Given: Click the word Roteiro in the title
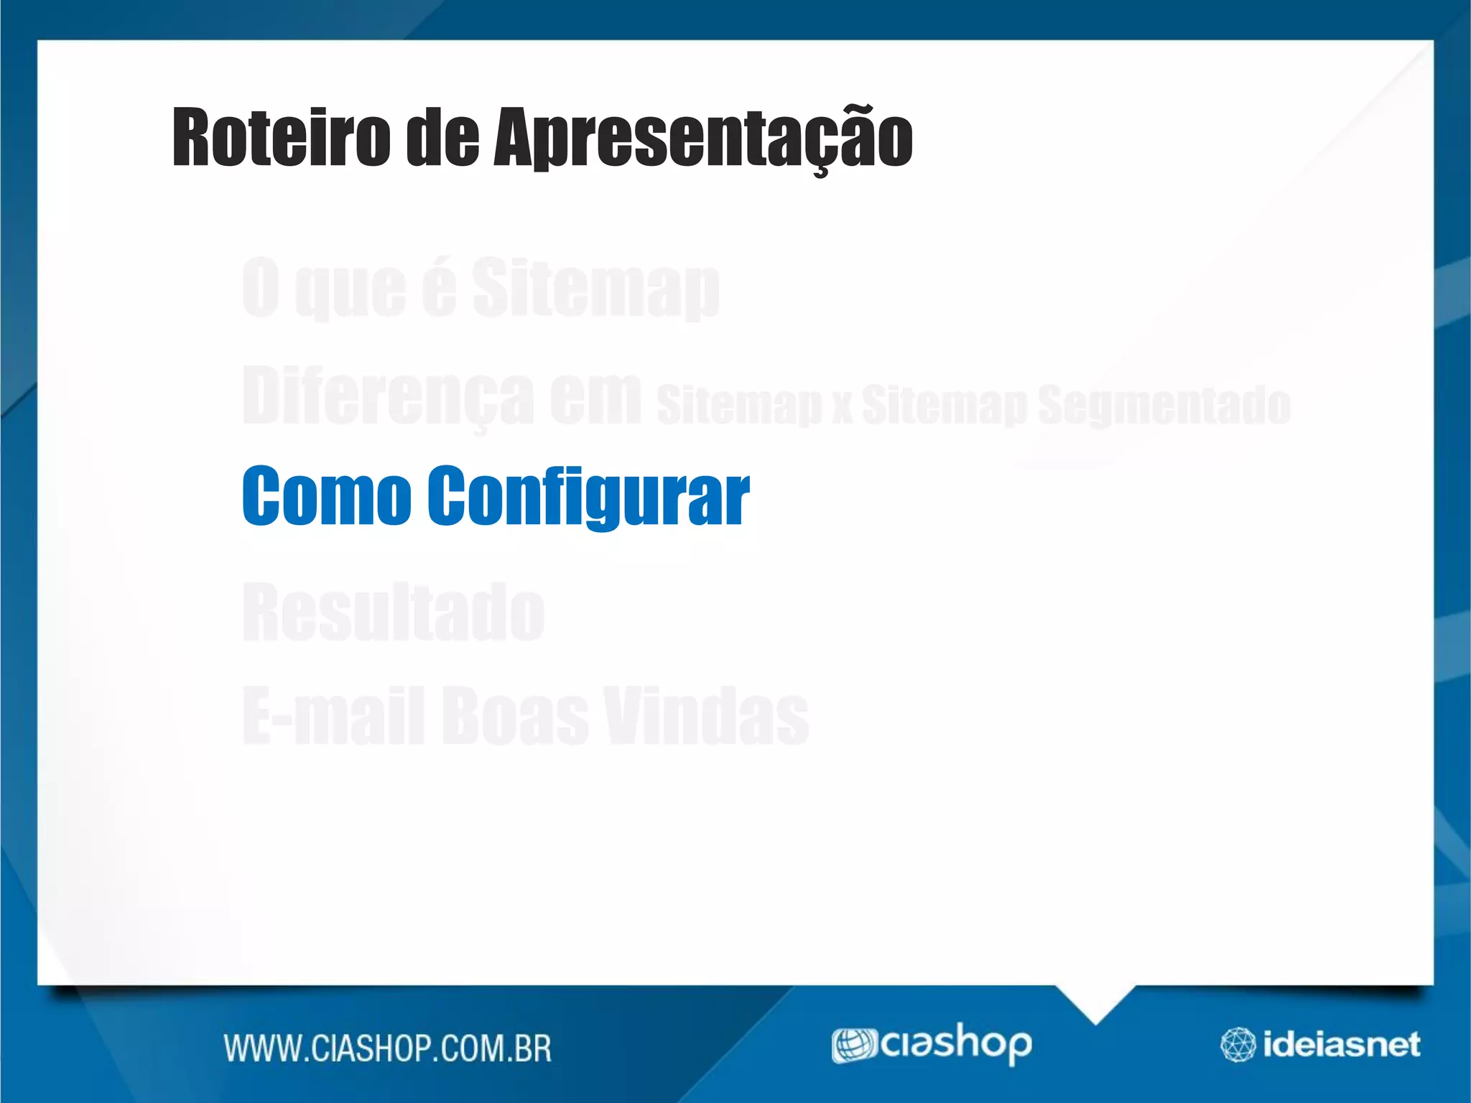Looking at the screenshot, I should click(281, 137).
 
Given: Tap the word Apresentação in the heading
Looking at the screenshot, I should click(702, 139).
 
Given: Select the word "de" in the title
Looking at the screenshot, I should click(442, 137).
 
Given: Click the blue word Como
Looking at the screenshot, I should click(327, 495).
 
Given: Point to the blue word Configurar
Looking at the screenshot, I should click(588, 496).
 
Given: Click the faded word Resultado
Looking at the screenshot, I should click(394, 612).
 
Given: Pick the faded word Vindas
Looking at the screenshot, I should click(706, 715).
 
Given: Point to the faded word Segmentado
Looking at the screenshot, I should click(1164, 404).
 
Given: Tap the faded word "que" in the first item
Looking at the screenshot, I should click(351, 289).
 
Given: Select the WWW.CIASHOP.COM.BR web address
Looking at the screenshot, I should click(388, 1048).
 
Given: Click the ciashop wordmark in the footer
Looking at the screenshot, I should click(956, 1043).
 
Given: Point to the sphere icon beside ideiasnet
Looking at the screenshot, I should click(1238, 1045).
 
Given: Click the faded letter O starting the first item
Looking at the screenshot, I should click(260, 287).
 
